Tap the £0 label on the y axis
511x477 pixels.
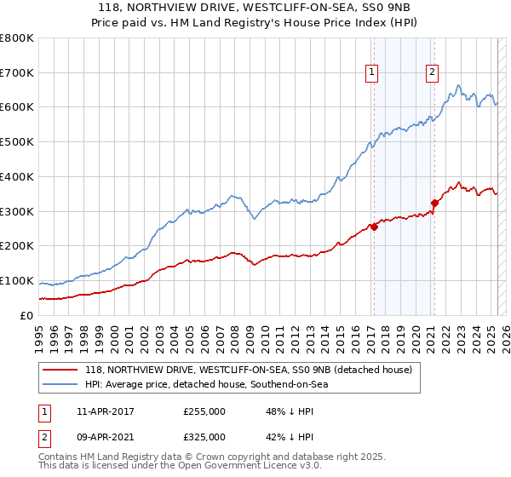click(27, 315)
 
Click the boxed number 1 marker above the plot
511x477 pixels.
click(373, 73)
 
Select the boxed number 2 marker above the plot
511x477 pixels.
click(433, 73)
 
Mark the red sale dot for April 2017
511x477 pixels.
click(374, 227)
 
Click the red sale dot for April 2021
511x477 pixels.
click(434, 203)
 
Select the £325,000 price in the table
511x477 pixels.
click(204, 436)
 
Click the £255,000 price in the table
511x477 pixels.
click(204, 411)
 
